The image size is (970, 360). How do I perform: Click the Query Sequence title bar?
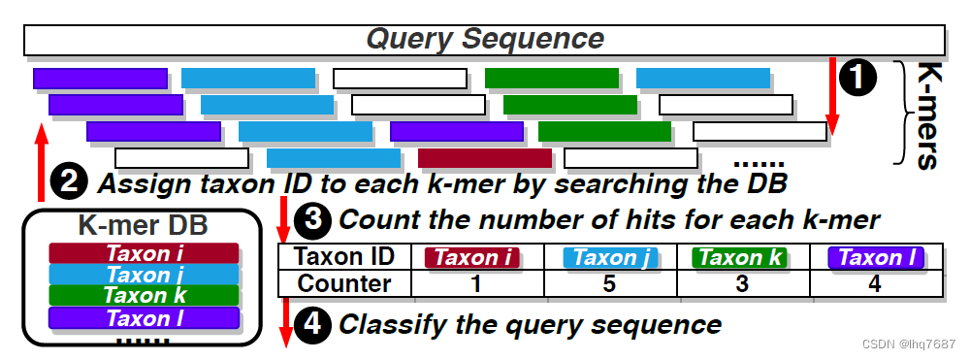(484, 39)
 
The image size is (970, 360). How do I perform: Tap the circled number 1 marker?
(858, 77)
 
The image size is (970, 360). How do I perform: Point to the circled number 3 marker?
(312, 220)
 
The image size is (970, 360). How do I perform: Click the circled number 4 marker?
(311, 324)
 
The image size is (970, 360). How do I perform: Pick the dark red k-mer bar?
(485, 157)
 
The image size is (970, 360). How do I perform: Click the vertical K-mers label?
(927, 115)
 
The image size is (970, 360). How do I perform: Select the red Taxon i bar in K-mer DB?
(145, 253)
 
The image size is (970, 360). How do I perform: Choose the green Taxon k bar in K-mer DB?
(145, 296)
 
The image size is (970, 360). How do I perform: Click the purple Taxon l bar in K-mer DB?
(145, 317)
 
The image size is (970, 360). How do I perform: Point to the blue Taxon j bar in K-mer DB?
(145, 275)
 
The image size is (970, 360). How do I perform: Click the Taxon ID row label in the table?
(343, 257)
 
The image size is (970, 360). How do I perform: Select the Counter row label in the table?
(343, 283)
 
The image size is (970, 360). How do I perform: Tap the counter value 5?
(610, 283)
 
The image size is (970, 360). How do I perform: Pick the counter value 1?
(475, 283)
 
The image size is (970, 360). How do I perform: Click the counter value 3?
(743, 283)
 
